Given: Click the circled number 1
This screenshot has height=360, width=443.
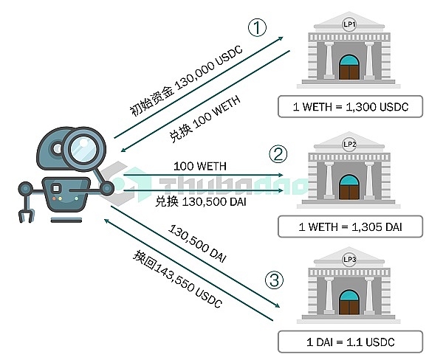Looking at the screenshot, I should pos(255,28).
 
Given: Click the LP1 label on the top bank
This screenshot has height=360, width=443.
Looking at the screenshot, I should pos(349,24).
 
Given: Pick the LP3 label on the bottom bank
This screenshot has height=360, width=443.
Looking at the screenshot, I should pos(349,259).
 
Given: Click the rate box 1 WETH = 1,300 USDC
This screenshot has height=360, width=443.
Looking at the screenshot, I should pos(351,107).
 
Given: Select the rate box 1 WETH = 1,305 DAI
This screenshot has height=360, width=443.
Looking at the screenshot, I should pos(351,225).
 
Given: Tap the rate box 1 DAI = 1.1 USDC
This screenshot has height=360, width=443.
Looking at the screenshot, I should pos(351,342).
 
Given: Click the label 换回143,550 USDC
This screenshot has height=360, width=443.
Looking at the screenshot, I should pos(176,278).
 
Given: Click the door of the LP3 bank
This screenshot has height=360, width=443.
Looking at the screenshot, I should pos(349,303).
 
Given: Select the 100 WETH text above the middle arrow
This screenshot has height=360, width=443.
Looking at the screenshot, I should pos(199,167).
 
